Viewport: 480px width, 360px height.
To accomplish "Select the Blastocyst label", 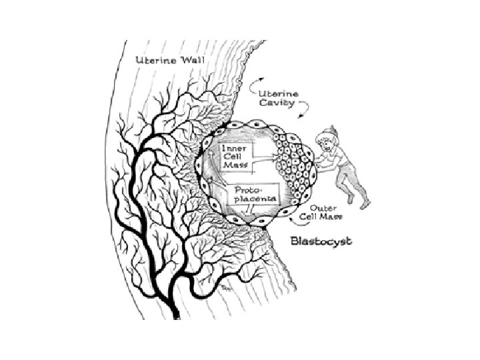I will pyautogui.click(x=322, y=238).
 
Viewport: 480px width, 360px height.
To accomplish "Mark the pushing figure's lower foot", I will pyautogui.click(x=364, y=206).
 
